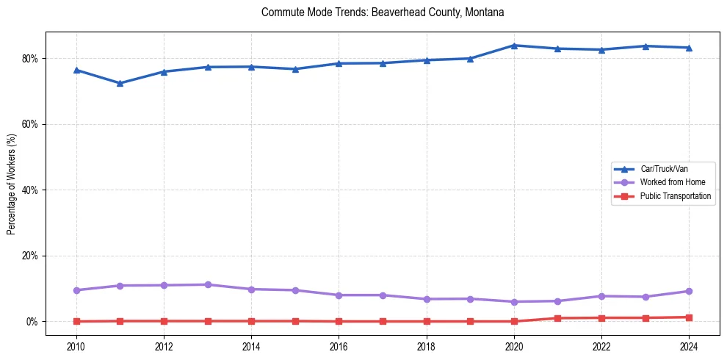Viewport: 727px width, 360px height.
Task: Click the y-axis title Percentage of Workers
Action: click(x=12, y=184)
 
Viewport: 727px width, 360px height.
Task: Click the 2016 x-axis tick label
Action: click(x=339, y=347)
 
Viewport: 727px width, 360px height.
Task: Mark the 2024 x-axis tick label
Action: click(x=689, y=347)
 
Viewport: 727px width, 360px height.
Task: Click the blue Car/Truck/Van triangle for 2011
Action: click(x=120, y=83)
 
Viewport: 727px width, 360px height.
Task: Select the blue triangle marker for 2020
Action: click(x=514, y=46)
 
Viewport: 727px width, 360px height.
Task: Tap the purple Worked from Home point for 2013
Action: click(x=208, y=284)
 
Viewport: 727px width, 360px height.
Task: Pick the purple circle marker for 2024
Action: click(x=689, y=291)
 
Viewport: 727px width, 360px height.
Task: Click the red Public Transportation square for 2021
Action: click(x=557, y=318)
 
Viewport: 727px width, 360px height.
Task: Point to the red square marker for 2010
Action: click(x=76, y=321)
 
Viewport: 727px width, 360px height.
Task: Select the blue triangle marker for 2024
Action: click(x=689, y=48)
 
